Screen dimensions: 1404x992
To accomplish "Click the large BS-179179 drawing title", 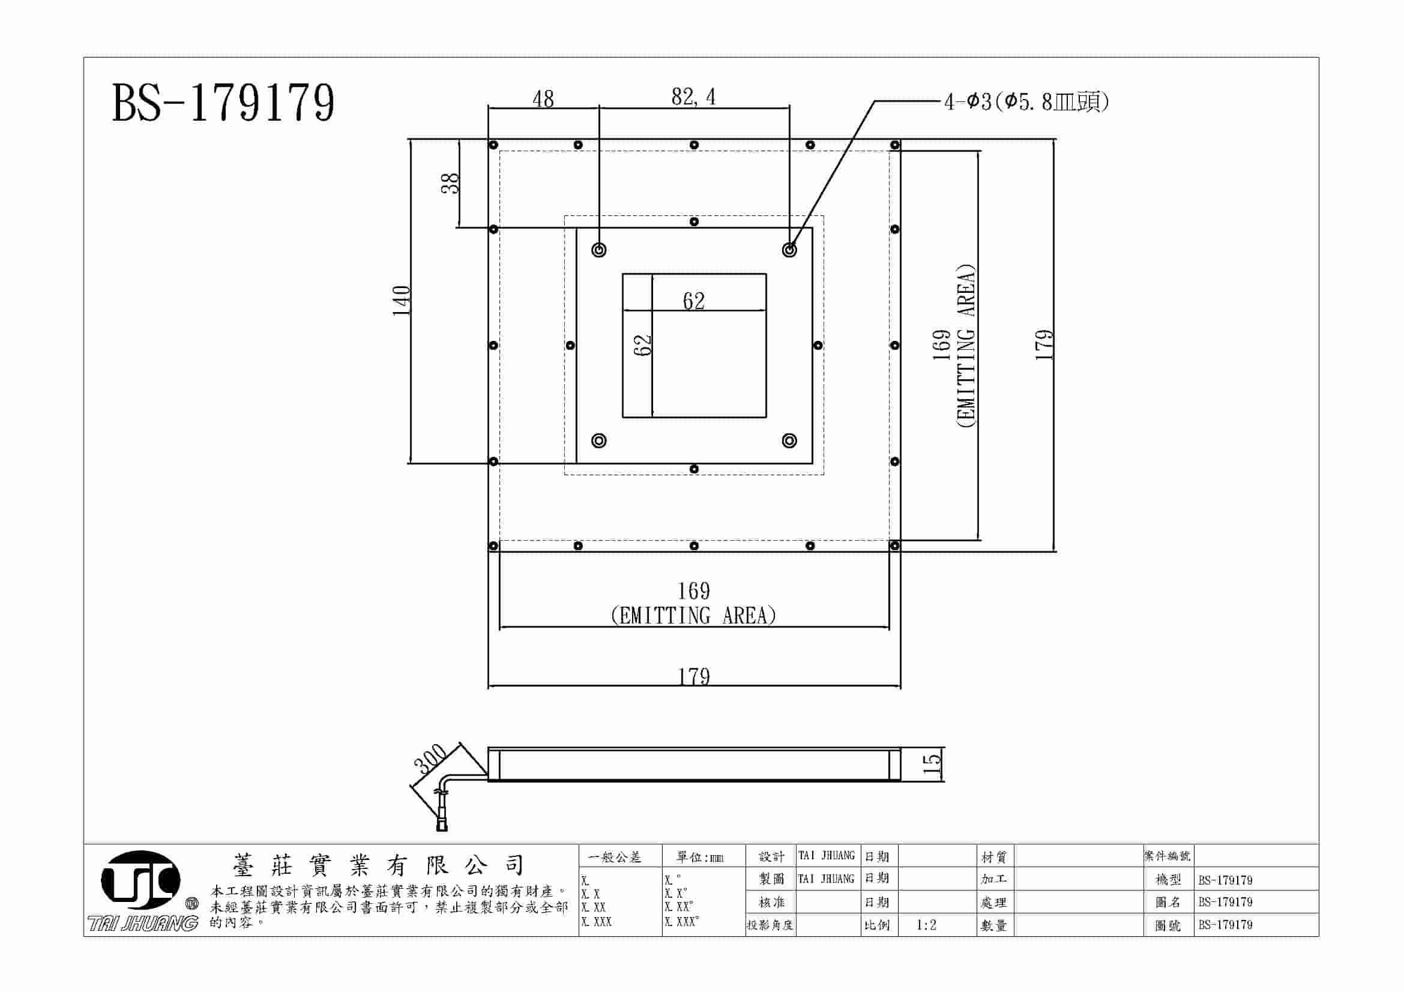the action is (223, 103).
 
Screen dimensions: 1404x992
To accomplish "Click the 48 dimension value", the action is (543, 98).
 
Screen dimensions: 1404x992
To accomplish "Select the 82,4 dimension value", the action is (693, 97).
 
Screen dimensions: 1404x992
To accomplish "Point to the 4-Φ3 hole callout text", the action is (1026, 101).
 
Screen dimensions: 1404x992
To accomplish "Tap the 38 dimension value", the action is (450, 184).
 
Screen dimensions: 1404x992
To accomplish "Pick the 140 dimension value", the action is (401, 300).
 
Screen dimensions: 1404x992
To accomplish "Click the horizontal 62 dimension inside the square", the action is (693, 301).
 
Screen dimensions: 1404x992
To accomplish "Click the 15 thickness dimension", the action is (931, 763).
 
